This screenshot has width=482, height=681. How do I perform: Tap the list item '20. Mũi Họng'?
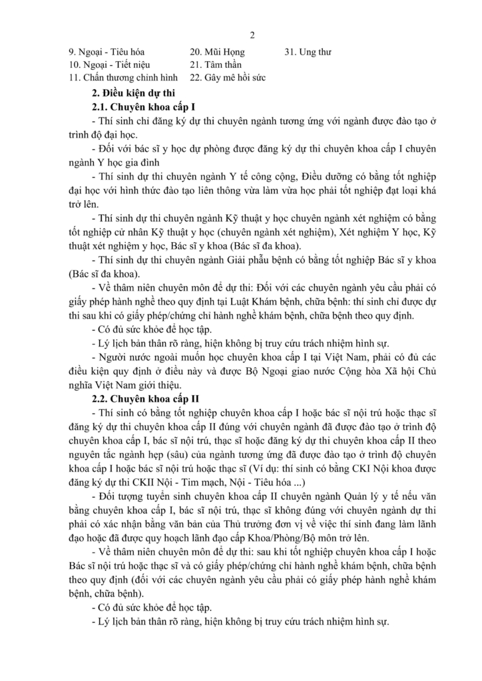point(217,52)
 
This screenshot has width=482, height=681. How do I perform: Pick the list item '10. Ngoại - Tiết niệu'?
point(109,65)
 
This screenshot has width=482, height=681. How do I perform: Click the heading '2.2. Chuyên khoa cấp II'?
point(144,399)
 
